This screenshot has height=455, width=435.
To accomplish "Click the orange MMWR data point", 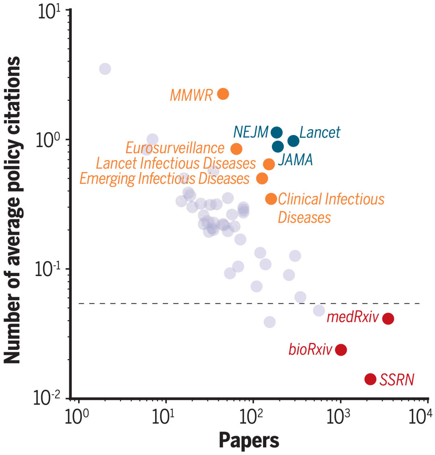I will point(223,94).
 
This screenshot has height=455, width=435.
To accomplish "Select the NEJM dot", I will point(276,132).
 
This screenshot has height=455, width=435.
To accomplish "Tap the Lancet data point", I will point(293,141).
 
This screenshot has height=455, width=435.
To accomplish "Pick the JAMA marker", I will point(278,147).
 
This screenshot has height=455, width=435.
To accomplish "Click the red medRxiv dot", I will point(388,319).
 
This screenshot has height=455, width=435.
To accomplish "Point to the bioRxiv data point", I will point(341,350).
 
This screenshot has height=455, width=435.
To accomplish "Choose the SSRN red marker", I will point(370,379).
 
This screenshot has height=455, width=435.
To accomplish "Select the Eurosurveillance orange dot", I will point(236,149).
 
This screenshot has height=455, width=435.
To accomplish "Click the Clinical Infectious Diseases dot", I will point(271,198).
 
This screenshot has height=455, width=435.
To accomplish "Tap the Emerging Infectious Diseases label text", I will point(164,179).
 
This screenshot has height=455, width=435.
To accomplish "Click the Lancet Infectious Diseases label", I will point(176,163).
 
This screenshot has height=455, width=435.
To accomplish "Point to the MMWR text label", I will point(191,96).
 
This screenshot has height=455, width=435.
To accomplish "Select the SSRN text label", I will point(397,380).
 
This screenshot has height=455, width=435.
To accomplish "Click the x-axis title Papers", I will point(249,440).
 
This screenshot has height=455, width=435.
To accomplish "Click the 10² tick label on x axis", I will point(253,416).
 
